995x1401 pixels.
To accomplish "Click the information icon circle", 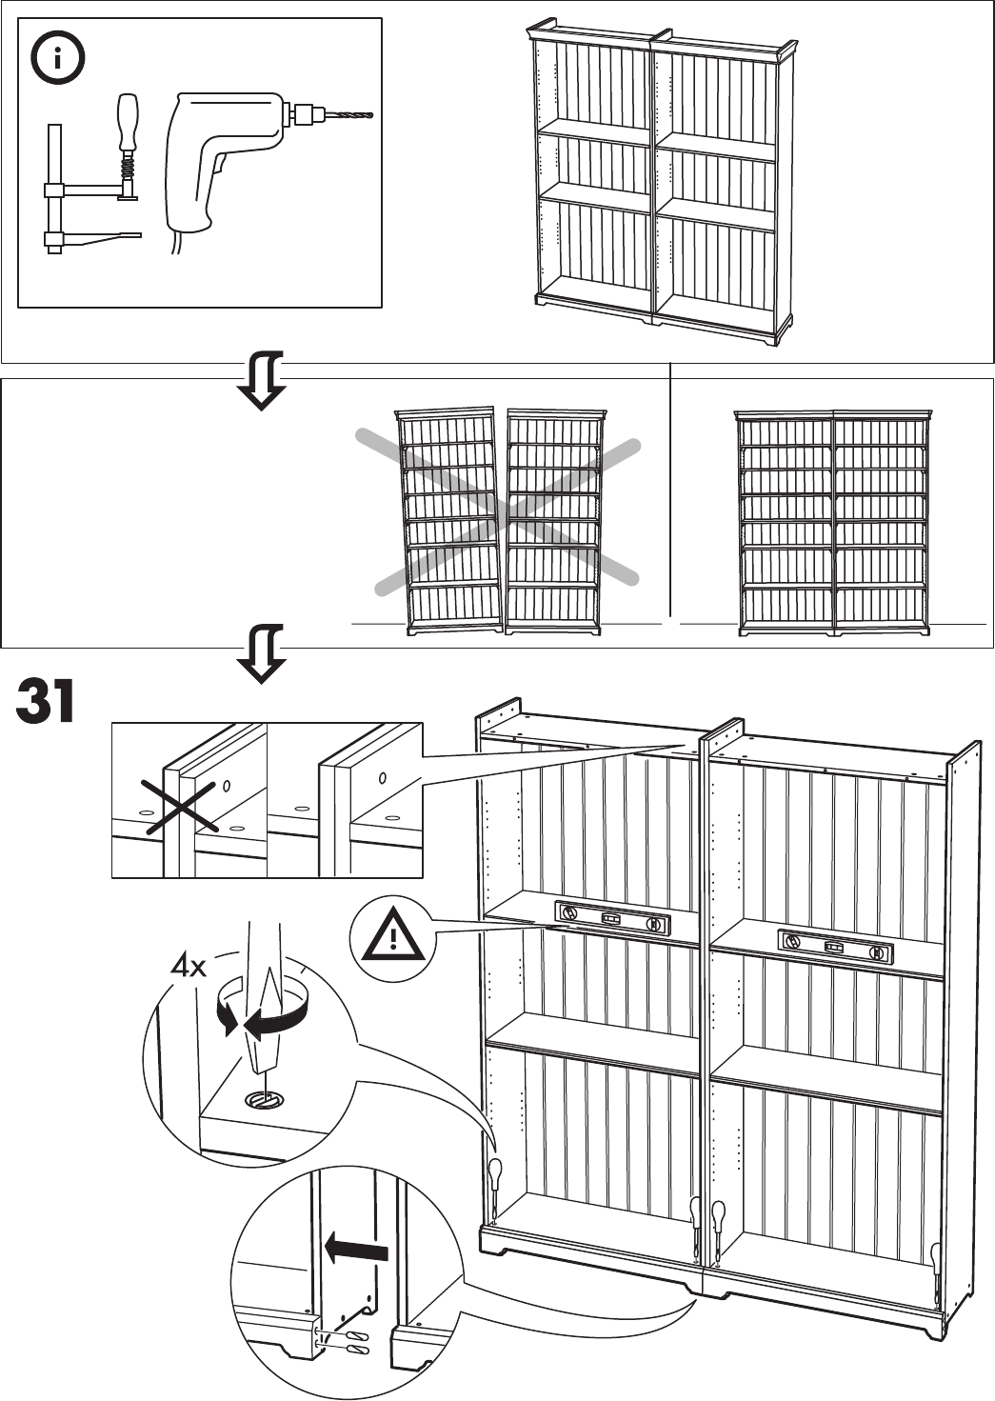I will click(x=58, y=59).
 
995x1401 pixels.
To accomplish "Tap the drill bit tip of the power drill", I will click(x=370, y=116).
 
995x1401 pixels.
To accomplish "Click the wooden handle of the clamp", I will click(x=128, y=119).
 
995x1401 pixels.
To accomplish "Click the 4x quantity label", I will click(x=188, y=968).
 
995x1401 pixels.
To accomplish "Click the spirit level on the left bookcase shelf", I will click(x=612, y=920).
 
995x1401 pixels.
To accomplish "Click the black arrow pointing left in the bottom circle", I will click(x=356, y=1246).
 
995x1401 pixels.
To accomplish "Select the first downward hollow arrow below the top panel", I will click(x=263, y=380).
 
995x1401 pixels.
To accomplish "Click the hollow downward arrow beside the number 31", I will click(x=263, y=653).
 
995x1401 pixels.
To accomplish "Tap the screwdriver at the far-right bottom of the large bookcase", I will click(x=937, y=1267).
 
